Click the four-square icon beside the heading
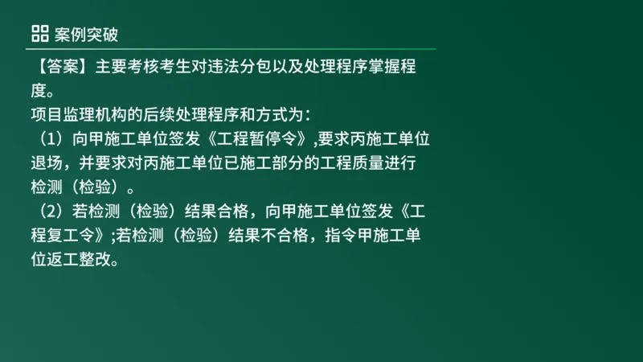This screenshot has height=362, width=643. (x=39, y=33)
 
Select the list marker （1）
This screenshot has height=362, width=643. (x=49, y=138)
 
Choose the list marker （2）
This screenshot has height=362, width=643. (x=49, y=212)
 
